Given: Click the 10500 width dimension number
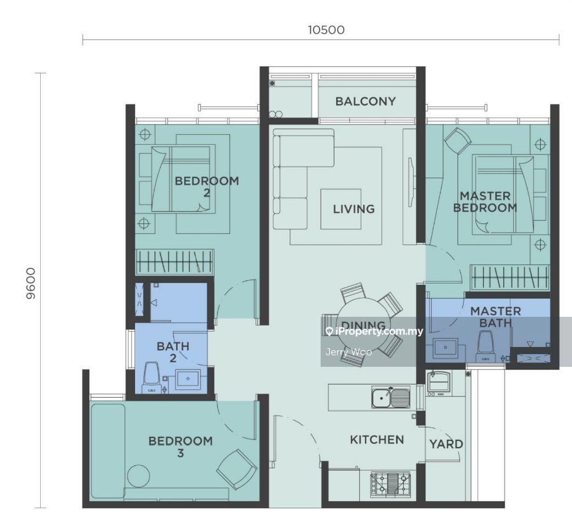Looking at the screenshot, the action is coord(326,30).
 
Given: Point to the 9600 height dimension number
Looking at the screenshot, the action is coord(31,283).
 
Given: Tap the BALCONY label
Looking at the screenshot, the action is coord(366,101).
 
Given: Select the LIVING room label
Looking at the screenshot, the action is coord(354,208).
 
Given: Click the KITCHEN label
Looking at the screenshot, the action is coord(377,439).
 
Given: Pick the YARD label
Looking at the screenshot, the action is coord(446,444).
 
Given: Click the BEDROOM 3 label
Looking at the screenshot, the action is coord(180,447).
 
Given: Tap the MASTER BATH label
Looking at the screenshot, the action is coord(496,317).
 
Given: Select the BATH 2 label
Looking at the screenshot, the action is coord(173,352).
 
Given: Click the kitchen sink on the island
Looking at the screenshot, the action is coord(391,397).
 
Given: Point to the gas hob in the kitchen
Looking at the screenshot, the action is coord(391,483).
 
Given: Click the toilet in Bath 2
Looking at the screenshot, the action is coord(151,377).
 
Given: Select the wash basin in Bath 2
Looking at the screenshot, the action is coord(188,380).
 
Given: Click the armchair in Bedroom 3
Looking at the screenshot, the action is coord(237,469).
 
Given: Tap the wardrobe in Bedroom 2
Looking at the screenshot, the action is coord(174,262).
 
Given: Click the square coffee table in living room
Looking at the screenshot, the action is coord(340,209).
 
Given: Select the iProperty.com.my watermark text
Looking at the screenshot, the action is coord(375,331).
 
